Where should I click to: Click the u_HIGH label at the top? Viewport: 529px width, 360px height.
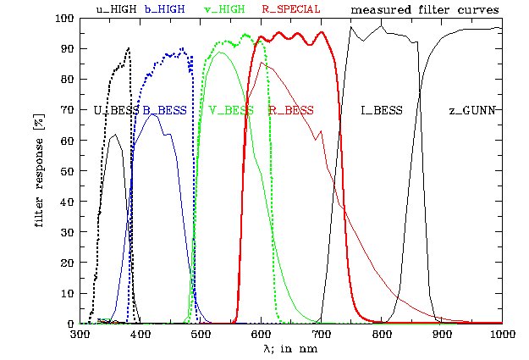(116, 10)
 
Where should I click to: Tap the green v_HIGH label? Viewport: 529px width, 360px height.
(224, 10)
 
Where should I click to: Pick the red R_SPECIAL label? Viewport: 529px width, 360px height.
(290, 10)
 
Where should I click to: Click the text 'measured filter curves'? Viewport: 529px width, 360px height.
(424, 10)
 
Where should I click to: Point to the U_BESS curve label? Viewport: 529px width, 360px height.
(113, 110)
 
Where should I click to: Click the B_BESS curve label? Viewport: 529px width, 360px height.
(164, 110)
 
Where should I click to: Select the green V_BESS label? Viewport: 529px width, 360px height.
(231, 110)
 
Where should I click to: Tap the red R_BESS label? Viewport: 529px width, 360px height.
(291, 110)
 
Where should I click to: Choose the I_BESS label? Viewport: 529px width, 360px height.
(381, 110)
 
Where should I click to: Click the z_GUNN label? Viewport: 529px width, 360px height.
(471, 110)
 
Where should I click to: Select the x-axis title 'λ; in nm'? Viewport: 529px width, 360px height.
(291, 348)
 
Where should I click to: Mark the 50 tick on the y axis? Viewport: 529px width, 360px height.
(67, 171)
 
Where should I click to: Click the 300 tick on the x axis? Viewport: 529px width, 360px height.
(80, 335)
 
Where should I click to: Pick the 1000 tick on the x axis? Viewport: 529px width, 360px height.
(502, 335)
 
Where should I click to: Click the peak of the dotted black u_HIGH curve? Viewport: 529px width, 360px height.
(129, 48)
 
